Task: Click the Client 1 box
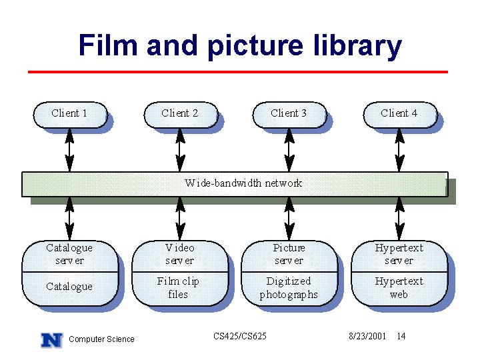(x=70, y=115)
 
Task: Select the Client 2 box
(x=181, y=115)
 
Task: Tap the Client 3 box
(x=289, y=115)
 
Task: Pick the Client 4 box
(x=400, y=115)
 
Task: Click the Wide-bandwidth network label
(x=243, y=183)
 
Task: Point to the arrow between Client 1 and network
(x=70, y=150)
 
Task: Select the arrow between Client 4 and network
(x=399, y=150)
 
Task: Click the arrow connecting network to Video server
(x=180, y=219)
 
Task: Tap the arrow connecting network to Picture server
(x=289, y=219)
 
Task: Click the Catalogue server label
(x=69, y=254)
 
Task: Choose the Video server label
(x=180, y=254)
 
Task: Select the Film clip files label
(x=178, y=288)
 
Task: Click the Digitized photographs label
(x=289, y=288)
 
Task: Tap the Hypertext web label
(x=399, y=288)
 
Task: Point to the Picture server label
(x=289, y=254)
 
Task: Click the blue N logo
(x=52, y=340)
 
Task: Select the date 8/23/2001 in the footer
(x=367, y=336)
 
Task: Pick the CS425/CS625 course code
(x=240, y=336)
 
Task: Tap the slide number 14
(x=401, y=336)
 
